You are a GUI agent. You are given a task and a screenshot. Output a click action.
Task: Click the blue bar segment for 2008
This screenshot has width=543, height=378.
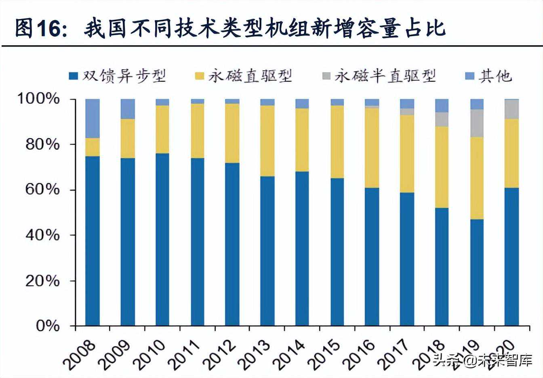pyautogui.click(x=93, y=240)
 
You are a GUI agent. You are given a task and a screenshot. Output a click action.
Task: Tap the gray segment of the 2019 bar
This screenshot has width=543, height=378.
pyautogui.click(x=477, y=123)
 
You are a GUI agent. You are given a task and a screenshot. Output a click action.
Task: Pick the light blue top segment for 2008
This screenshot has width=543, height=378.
pyautogui.click(x=93, y=118)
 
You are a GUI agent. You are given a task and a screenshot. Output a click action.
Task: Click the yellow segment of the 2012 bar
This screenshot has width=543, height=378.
pyautogui.click(x=232, y=133)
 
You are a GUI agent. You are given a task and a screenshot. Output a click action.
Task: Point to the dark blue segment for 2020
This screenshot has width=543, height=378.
pyautogui.click(x=512, y=256)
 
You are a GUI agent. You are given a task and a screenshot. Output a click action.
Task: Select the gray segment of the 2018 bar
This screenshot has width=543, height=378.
pyautogui.click(x=442, y=120)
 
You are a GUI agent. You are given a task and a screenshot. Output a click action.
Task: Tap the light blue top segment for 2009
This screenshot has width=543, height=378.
pyautogui.click(x=128, y=109)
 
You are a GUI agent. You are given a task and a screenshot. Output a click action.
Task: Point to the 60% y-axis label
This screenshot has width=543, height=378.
pyautogui.click(x=42, y=190)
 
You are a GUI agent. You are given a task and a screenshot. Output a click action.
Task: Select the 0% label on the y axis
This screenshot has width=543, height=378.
pyautogui.click(x=48, y=326)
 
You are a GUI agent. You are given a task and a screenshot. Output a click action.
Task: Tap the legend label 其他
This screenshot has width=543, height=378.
pyautogui.click(x=495, y=76)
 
